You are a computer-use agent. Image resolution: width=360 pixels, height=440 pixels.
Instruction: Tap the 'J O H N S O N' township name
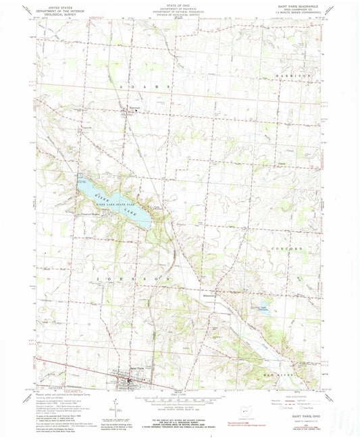138,278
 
